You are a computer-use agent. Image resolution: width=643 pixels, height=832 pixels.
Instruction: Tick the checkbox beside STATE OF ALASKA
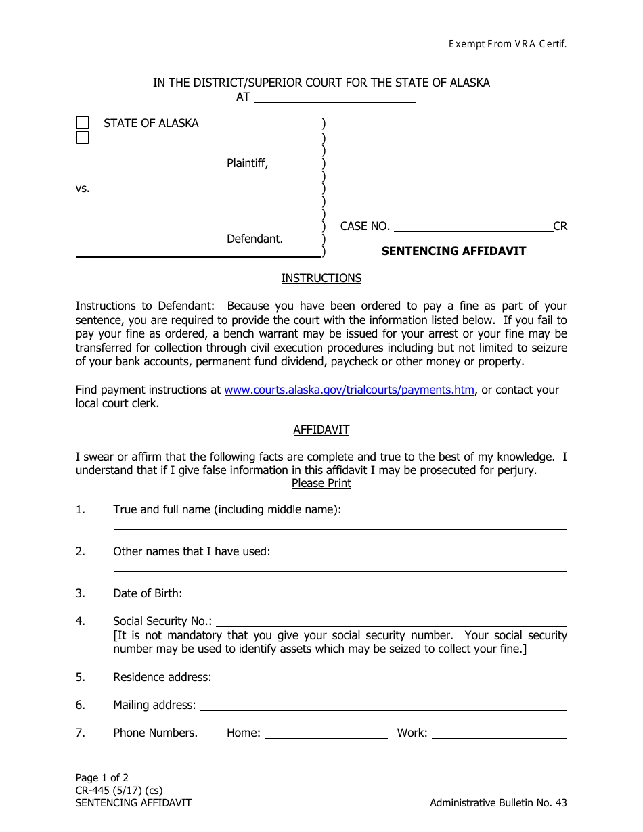point(83,123)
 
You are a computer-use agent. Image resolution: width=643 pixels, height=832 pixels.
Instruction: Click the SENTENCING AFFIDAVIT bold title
point(453,251)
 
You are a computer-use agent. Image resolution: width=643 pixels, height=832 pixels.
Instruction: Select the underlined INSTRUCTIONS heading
point(321,278)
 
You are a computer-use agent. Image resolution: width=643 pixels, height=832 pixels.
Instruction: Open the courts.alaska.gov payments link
point(349,390)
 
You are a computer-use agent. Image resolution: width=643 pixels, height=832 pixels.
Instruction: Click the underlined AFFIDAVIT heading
point(321,430)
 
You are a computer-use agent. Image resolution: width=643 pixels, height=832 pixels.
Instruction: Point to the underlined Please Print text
point(321,483)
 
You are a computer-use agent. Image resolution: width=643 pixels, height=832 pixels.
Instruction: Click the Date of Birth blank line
point(376,595)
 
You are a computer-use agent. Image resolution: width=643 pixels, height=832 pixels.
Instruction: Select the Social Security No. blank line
point(391,622)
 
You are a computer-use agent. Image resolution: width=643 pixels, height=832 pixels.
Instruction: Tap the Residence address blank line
point(391,678)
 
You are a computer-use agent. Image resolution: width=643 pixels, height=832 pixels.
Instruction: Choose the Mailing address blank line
point(383,706)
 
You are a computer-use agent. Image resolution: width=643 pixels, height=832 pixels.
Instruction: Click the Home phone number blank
point(326,734)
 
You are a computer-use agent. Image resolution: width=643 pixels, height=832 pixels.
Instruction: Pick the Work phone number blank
point(500,734)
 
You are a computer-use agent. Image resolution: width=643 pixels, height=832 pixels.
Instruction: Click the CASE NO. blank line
point(473,227)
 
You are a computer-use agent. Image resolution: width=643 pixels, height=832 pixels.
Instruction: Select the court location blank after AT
point(334,98)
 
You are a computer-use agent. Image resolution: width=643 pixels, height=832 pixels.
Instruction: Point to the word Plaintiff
point(247,163)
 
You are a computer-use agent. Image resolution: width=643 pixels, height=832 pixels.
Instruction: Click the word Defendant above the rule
point(254,239)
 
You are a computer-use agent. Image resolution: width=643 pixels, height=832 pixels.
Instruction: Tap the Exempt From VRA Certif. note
point(508,44)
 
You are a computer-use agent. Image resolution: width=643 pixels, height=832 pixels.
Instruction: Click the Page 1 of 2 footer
point(102,777)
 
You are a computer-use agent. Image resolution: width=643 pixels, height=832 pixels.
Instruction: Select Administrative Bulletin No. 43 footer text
point(498,803)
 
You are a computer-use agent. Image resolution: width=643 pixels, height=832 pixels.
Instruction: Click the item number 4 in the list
point(81,621)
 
